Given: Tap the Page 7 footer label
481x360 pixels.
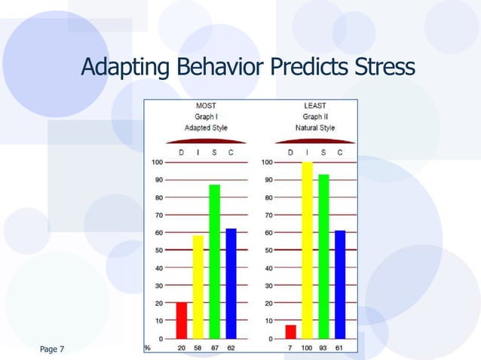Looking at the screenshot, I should click(52, 349).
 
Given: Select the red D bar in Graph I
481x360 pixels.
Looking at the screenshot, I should click(181, 320).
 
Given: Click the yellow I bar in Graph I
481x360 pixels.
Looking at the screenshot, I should click(198, 287).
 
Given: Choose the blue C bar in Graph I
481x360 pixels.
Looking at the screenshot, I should click(231, 283).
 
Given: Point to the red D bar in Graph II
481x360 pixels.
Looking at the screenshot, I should click(291, 331).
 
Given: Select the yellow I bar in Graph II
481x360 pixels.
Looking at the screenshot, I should click(307, 250).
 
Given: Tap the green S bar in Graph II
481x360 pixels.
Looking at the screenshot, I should click(323, 256).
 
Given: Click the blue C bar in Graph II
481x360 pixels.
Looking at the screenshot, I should click(340, 284).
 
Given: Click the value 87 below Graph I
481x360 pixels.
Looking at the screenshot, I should click(215, 349).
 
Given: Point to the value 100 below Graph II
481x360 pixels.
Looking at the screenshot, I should click(307, 349).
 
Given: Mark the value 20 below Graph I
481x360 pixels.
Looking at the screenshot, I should click(181, 349).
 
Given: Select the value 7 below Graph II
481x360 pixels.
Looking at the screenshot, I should click(291, 349).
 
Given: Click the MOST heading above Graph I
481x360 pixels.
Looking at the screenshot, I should click(206, 105).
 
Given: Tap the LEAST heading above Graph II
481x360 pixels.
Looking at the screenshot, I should click(315, 105).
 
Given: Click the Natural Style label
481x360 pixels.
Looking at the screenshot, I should click(315, 128).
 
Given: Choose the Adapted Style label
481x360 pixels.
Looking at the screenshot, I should click(206, 128).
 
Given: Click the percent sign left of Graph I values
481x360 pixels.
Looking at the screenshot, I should click(147, 349).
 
